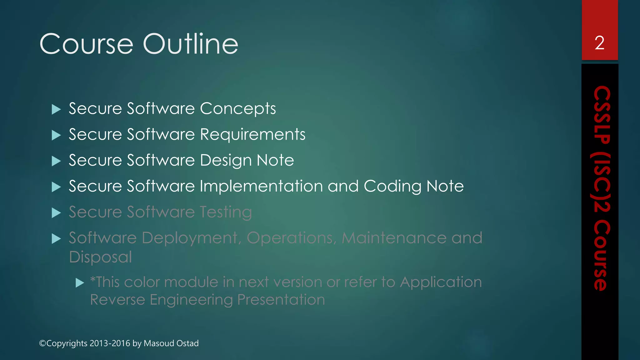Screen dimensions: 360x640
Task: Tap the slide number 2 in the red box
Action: click(x=599, y=43)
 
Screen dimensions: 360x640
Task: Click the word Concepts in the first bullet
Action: click(x=238, y=109)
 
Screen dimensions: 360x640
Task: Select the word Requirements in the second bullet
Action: click(x=252, y=134)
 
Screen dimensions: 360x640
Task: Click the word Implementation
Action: click(x=261, y=186)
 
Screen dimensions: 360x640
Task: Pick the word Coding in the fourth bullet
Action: click(x=392, y=187)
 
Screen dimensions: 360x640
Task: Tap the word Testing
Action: click(x=226, y=212)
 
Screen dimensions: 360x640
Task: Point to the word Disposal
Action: click(x=100, y=257)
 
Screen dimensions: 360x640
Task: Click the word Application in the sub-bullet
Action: click(x=441, y=282)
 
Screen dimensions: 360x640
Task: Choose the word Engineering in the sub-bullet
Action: click(x=191, y=300)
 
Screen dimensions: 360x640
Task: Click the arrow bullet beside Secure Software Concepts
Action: click(x=56, y=109)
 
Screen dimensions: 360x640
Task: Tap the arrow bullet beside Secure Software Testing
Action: click(x=56, y=213)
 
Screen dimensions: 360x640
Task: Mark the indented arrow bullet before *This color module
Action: click(x=80, y=283)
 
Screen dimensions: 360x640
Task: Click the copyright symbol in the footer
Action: click(x=42, y=343)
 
